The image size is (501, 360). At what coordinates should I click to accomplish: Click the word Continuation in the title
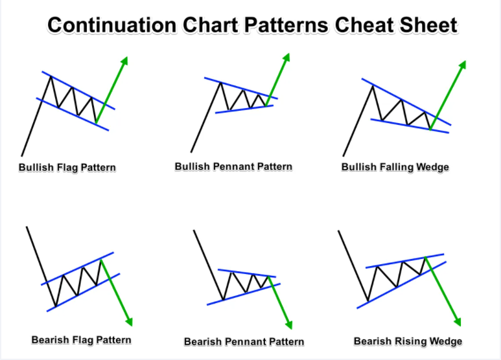pos(112,25)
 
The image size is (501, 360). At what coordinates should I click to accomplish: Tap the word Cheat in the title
pos(364,25)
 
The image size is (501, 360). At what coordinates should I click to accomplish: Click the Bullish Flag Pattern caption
pos(67,168)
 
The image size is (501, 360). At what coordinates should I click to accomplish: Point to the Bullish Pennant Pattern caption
pos(233,166)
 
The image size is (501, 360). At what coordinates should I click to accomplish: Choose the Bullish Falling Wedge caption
pos(395,167)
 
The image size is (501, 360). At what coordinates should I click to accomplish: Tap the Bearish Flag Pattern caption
pos(82,340)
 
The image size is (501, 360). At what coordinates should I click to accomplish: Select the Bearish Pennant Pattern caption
pos(244,342)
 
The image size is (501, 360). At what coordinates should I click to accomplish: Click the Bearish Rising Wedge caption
pos(408,341)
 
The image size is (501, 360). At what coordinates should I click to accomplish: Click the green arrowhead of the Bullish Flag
pos(124,61)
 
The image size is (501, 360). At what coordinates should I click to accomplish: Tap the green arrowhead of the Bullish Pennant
pos(286,58)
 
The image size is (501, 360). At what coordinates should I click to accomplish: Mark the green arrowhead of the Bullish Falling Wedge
pos(462,65)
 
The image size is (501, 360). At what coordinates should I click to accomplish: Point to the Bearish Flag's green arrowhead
pos(129,322)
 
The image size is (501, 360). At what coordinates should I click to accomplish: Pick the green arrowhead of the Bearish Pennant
pos(288,324)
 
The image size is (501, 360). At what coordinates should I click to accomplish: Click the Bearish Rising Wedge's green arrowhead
pos(457,322)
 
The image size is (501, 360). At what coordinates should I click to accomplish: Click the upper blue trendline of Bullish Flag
pos(78,90)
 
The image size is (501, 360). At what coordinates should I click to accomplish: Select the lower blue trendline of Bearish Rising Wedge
pos(401,285)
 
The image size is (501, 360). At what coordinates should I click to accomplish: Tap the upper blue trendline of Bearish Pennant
pos(247,273)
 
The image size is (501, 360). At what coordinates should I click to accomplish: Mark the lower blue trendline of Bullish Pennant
pos(244,109)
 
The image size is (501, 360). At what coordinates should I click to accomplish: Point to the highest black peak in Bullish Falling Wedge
pos(373,86)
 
